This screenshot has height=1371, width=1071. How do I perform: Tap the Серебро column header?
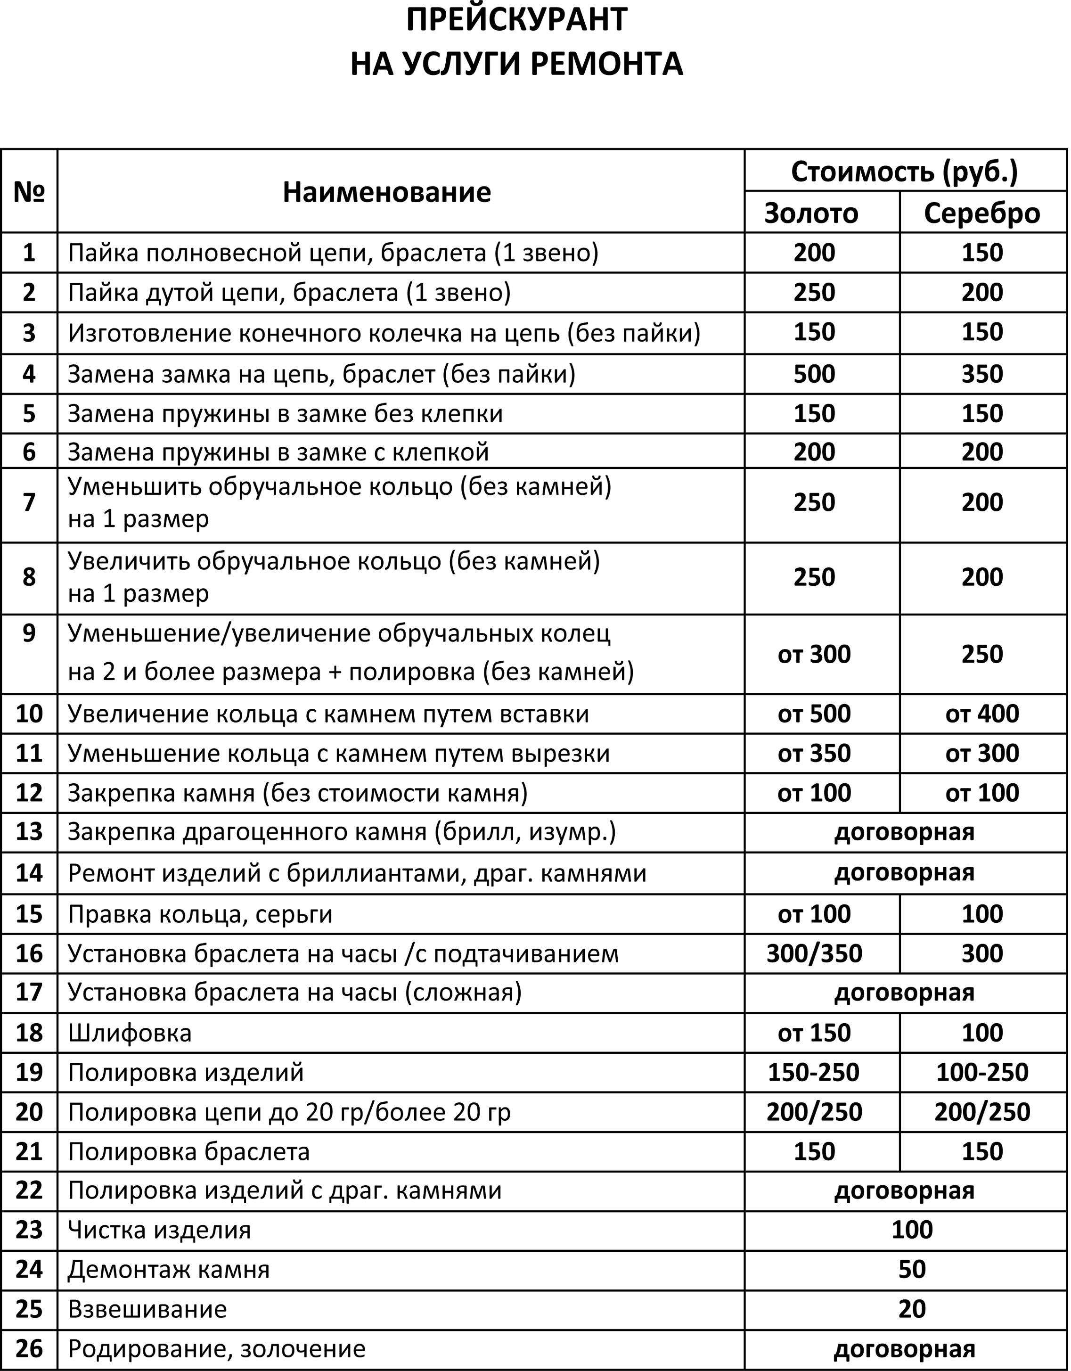(x=982, y=213)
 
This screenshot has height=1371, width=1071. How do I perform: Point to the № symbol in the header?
(x=29, y=191)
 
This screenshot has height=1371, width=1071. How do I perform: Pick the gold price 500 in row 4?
(x=814, y=374)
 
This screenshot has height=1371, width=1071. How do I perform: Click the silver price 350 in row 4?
(x=982, y=374)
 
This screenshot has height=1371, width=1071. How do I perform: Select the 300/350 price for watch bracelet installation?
(x=814, y=953)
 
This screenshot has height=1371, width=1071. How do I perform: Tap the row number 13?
(x=29, y=832)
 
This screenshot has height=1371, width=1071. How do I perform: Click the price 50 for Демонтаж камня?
(x=912, y=1269)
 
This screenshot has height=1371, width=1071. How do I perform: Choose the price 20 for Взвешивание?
(x=912, y=1309)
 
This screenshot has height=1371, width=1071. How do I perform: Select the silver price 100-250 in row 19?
(x=982, y=1072)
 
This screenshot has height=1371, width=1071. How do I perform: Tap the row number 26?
(x=29, y=1348)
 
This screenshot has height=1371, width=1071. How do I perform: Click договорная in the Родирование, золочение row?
(x=904, y=1348)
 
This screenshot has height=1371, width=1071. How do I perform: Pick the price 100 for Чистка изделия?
(x=912, y=1229)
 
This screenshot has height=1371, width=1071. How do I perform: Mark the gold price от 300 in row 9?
(x=814, y=655)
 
